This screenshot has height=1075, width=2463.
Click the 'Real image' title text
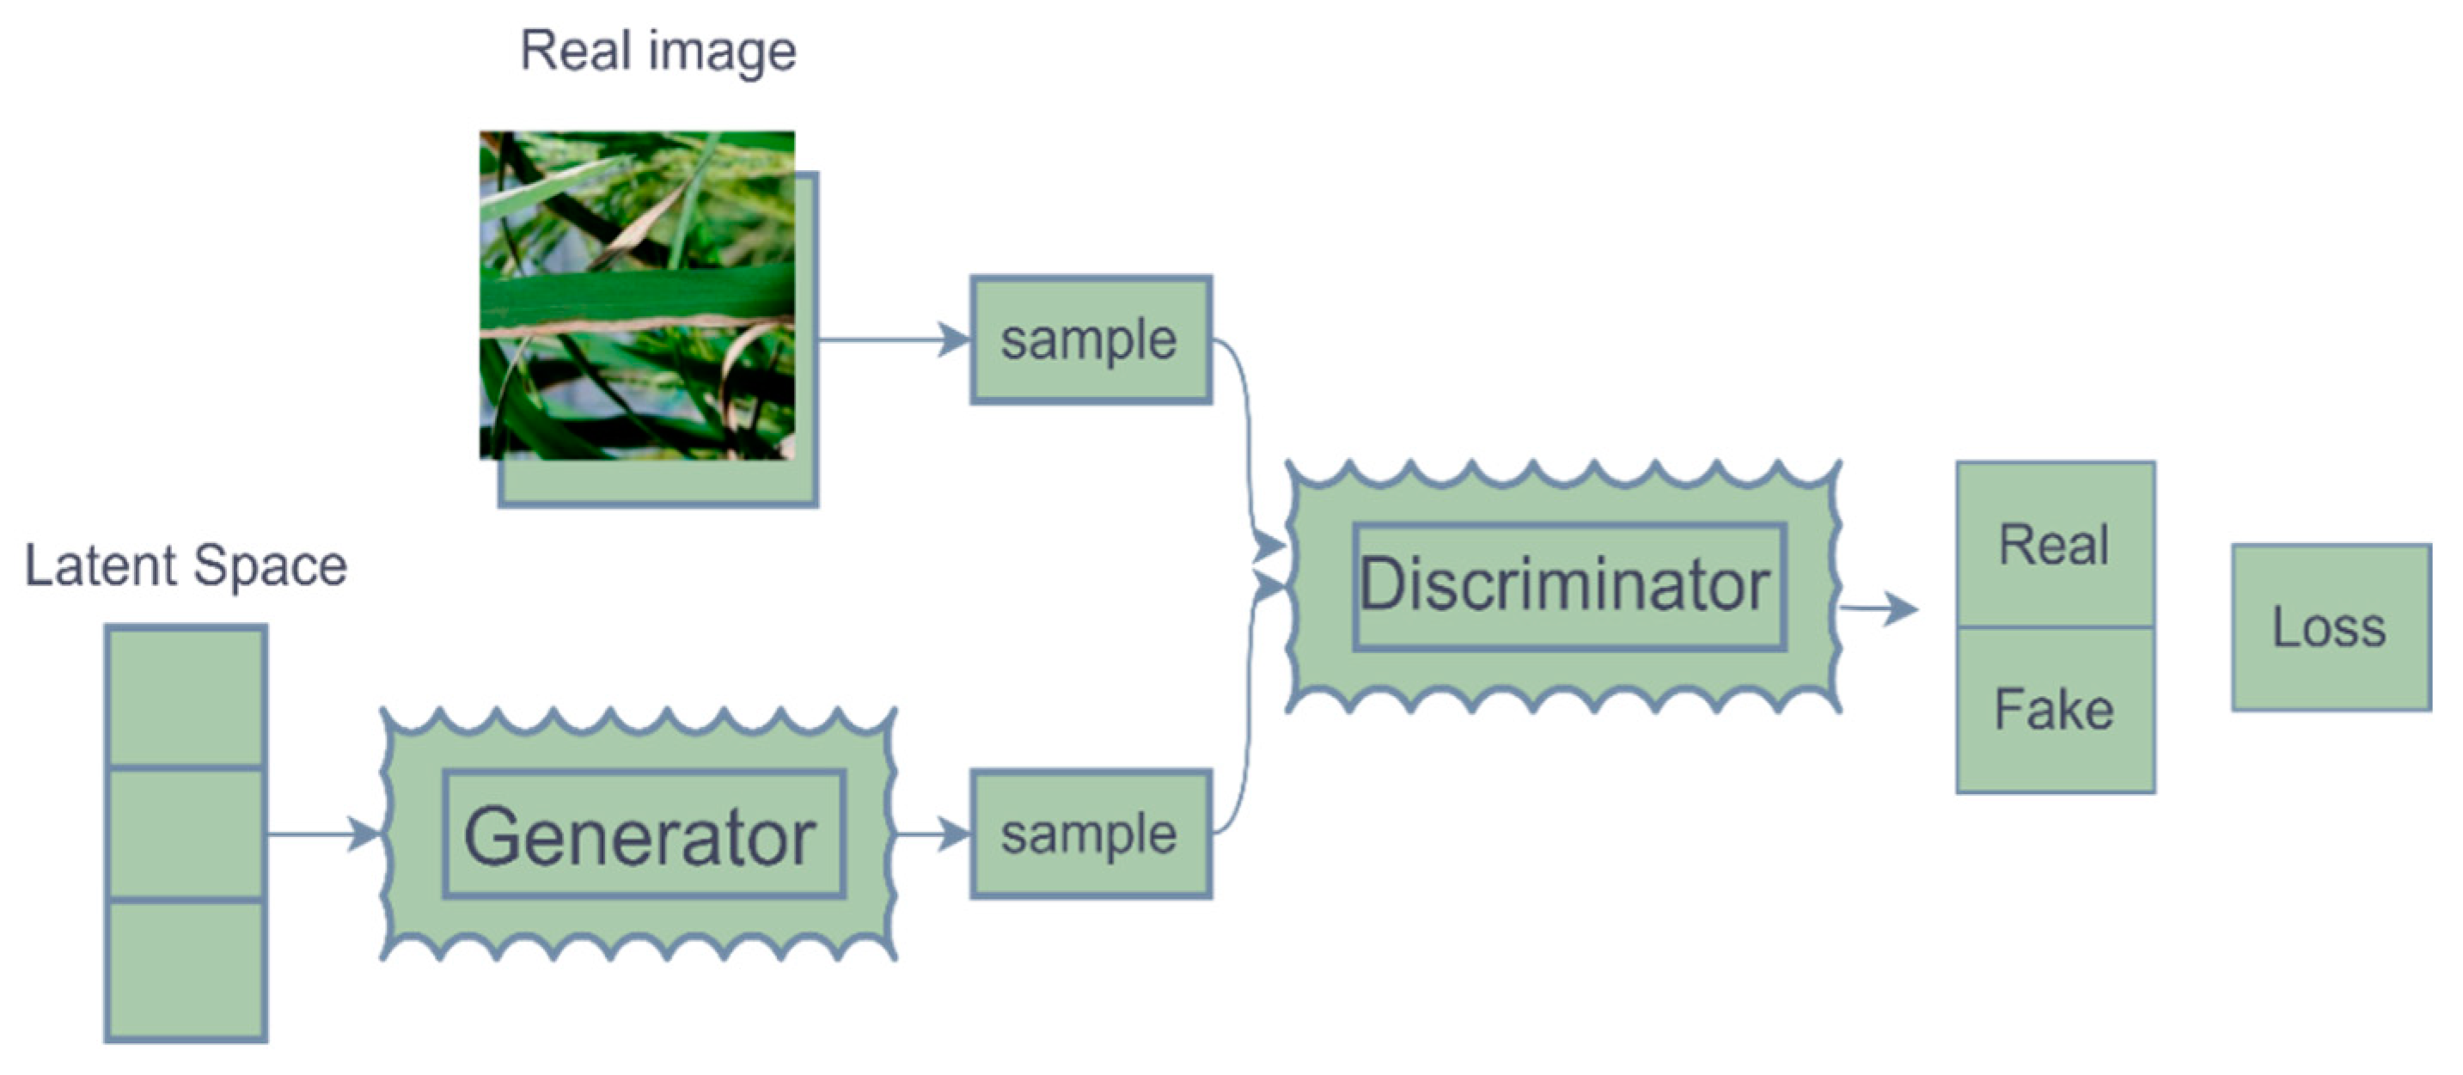pos(657,51)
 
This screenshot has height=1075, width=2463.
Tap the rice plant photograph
pos(636,295)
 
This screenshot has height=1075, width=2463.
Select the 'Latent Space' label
pos(186,565)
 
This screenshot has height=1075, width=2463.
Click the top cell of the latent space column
pos(186,696)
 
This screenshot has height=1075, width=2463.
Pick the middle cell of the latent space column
pos(186,833)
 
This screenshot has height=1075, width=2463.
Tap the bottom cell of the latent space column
pos(186,968)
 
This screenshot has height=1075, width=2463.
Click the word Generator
pos(639,837)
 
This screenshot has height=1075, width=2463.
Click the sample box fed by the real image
pos(1090,339)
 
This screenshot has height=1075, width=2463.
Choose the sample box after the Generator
pos(1090,834)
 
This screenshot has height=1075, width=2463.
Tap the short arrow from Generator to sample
pos(932,834)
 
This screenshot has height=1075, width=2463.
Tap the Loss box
pos(2329,627)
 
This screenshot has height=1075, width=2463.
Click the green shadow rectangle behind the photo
pos(660,482)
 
